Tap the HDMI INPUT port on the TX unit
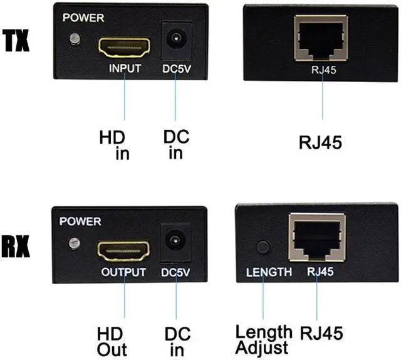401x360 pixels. (124, 46)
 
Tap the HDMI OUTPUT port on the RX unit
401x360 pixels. (123, 250)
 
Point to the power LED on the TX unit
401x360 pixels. (75, 40)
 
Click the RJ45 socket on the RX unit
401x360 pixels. (316, 237)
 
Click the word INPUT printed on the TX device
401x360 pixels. (125, 68)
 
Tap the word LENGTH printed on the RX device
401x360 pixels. (269, 272)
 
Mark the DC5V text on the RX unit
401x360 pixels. (175, 272)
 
